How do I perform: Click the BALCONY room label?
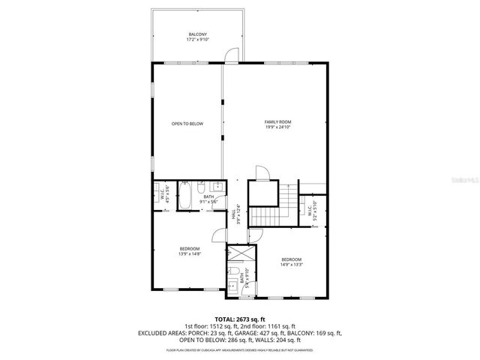point(197,34)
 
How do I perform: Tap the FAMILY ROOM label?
point(277,121)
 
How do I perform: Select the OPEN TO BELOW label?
point(187,124)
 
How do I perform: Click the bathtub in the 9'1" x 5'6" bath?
point(184,197)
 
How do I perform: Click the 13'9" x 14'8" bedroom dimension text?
point(189,253)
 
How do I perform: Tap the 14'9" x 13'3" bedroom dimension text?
point(291,264)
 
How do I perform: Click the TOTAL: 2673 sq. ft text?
point(239,319)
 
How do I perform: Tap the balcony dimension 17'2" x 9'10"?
point(197,40)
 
